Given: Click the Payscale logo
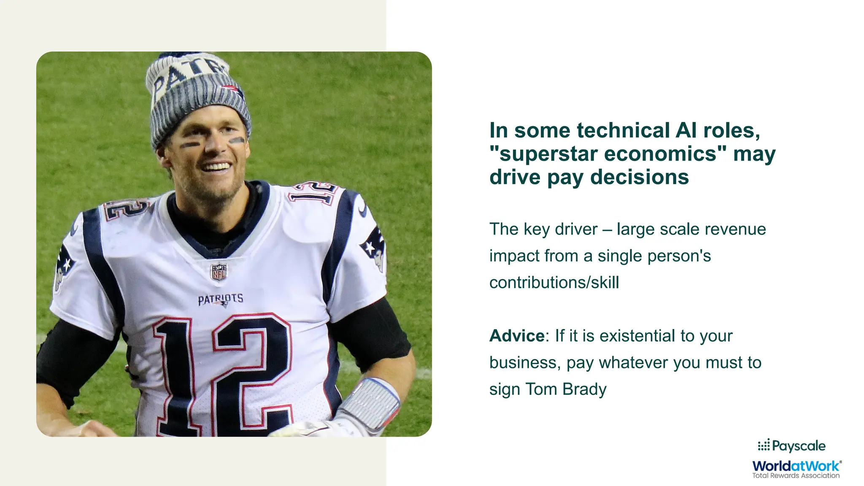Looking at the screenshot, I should pos(791,446).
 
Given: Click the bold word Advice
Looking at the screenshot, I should pos(517,336).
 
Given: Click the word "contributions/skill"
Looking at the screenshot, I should pos(554,282).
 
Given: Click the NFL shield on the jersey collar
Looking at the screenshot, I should pos(219,272).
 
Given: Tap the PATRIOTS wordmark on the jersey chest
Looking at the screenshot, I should pos(221,299).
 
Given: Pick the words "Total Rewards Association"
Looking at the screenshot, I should pos(796,475).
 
